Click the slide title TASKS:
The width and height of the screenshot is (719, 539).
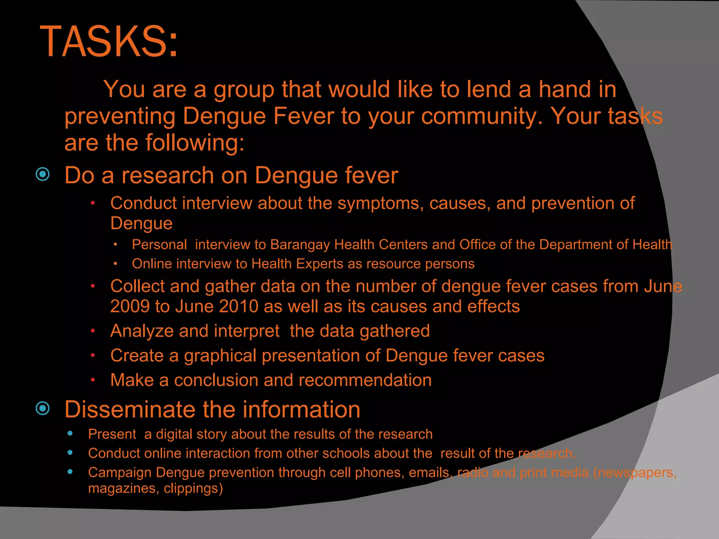(x=109, y=41)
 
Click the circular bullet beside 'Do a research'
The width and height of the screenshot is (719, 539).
(x=43, y=174)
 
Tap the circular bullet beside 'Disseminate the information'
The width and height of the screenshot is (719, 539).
(x=43, y=408)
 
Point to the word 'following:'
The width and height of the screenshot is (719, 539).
(x=195, y=143)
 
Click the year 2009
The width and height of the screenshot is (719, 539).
(x=130, y=306)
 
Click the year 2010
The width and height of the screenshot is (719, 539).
(x=239, y=306)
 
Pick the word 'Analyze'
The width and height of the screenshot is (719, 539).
(x=142, y=331)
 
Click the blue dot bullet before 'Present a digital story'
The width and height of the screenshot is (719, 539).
(x=70, y=434)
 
